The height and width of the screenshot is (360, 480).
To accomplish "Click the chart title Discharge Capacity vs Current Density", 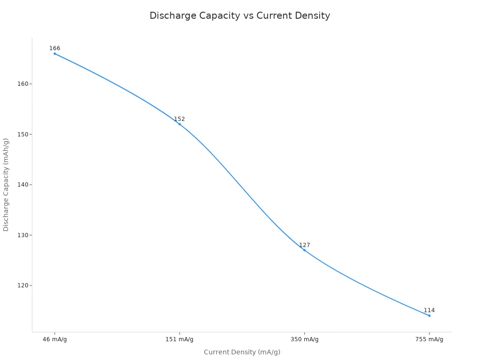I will pos(240,15).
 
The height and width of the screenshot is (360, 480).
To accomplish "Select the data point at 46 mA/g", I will pos(55,53).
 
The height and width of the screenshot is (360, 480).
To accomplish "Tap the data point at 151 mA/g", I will pos(180,124).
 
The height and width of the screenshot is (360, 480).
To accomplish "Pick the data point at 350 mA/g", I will pos(304,250).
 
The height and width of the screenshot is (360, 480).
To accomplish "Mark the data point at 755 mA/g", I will pos(429,315).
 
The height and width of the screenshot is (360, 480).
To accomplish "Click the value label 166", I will pos(55,48).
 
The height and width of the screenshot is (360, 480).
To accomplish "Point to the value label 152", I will pos(180,119).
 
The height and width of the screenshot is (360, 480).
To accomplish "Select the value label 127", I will pos(305,245).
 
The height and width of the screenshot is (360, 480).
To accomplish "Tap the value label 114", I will pos(429,310).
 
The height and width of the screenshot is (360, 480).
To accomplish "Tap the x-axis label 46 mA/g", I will pos(55,339).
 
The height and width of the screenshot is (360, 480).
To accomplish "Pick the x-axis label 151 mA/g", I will pos(180,339).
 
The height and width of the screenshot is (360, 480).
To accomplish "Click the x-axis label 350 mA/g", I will pos(304,339).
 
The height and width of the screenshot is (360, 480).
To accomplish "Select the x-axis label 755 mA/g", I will pos(429,339).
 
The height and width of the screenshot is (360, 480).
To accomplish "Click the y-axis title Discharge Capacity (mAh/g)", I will pos(6,184).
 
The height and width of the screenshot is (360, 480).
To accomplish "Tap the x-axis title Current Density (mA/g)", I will pos(242,352).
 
